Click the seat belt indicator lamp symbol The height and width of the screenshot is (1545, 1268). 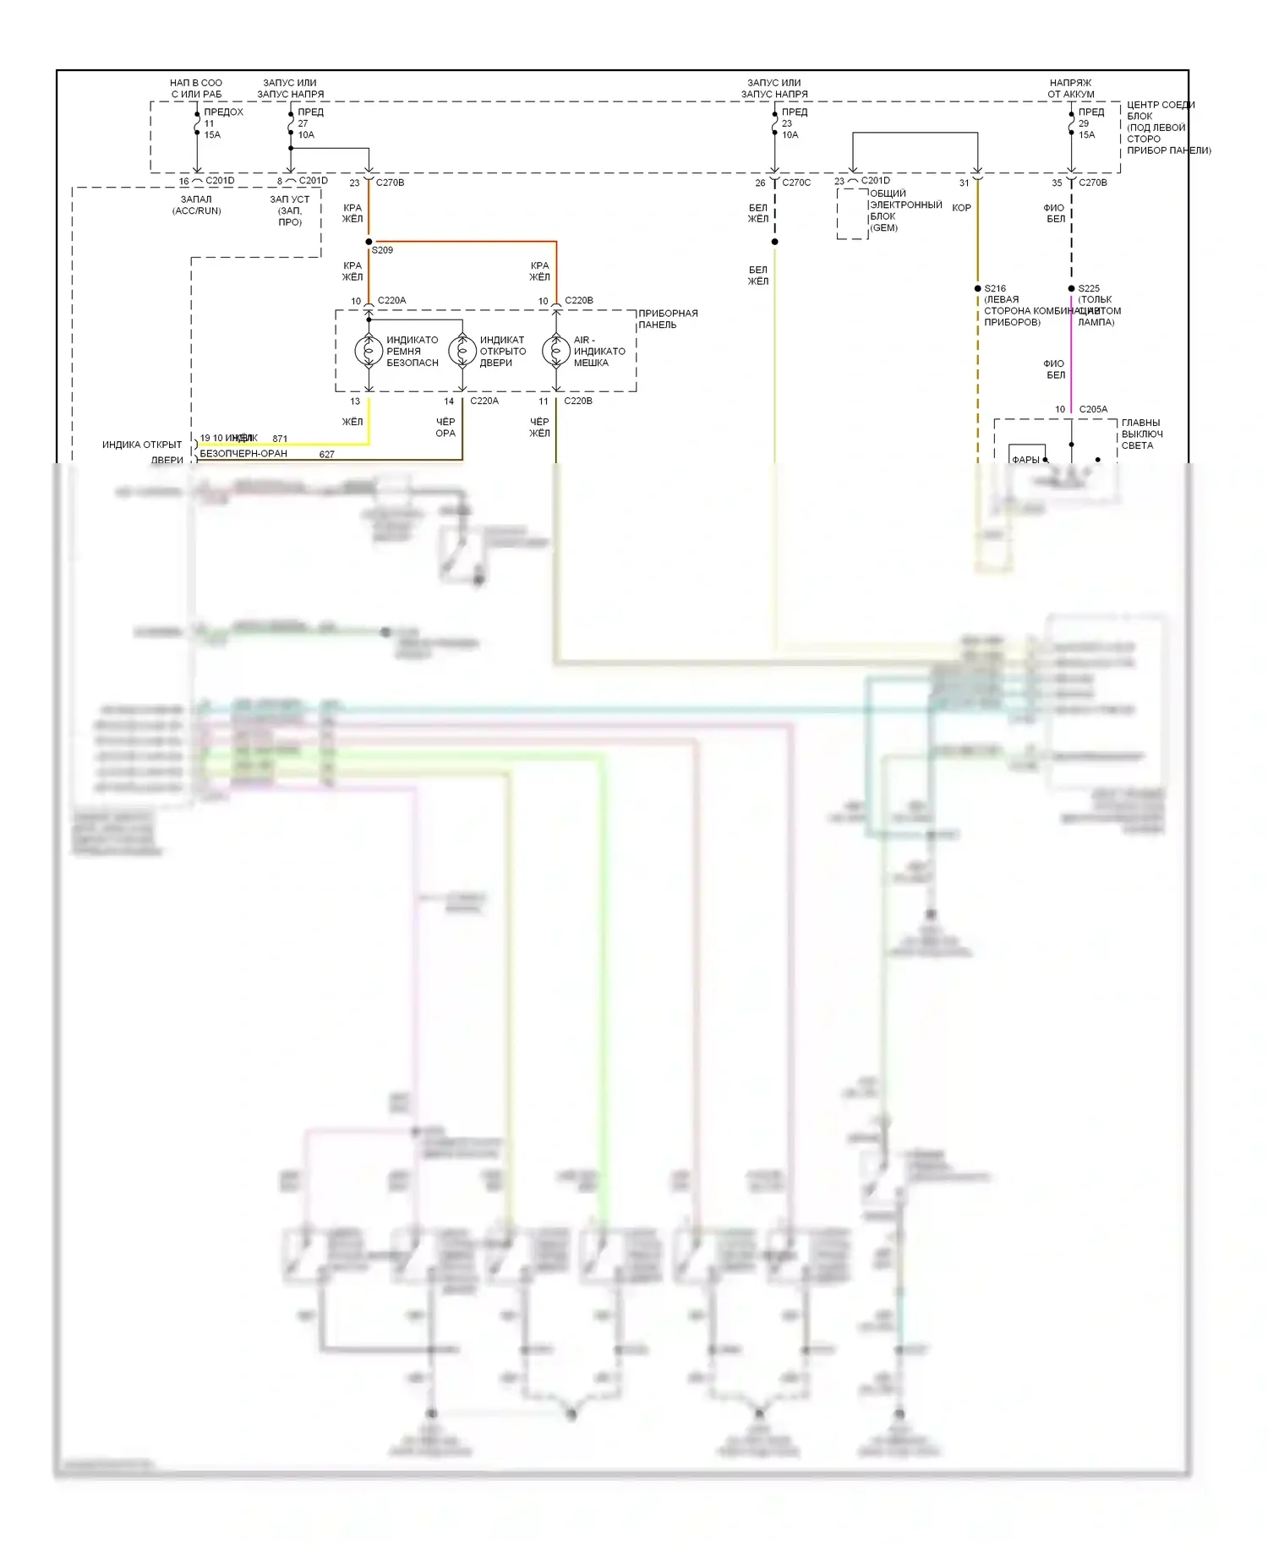tap(369, 351)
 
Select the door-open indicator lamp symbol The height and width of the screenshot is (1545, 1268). tap(462, 351)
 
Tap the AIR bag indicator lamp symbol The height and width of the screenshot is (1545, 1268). tap(556, 351)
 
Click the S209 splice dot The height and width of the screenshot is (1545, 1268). tap(369, 242)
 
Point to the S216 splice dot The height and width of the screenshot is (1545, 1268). tap(978, 288)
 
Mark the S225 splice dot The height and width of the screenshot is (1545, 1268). tap(1072, 288)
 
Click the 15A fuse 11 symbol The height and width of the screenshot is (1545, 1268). tap(197, 123)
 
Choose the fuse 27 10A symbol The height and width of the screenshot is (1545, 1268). tap(291, 123)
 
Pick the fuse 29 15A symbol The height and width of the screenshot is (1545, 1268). tap(1072, 123)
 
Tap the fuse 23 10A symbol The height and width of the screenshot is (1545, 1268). tap(775, 123)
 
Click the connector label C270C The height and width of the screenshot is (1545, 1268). tap(796, 183)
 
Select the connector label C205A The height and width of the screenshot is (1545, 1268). tap(1093, 409)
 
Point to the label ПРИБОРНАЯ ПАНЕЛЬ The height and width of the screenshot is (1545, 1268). tap(668, 319)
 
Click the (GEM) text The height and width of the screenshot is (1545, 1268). tap(884, 228)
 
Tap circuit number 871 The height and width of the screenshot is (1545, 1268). tap(280, 439)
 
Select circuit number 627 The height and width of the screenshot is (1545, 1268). tap(327, 455)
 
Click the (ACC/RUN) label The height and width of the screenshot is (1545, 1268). tap(197, 210)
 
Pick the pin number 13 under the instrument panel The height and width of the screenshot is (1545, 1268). tap(355, 401)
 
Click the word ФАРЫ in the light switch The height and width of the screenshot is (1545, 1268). tap(1025, 460)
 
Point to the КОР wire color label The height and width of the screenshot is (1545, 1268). tap(962, 208)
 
